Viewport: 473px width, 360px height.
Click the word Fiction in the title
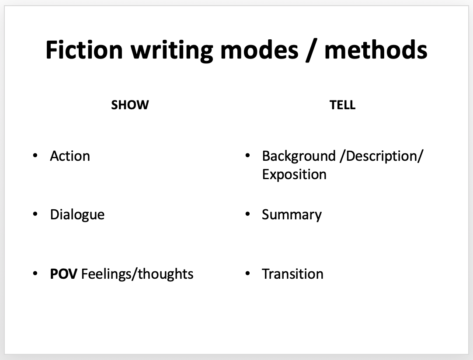tap(84, 50)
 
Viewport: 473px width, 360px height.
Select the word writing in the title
tap(172, 52)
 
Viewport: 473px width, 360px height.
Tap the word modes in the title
tap(259, 50)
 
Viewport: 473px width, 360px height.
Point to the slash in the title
tap(311, 51)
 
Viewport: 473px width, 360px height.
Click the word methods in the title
tap(376, 50)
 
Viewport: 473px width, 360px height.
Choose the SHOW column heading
tap(130, 105)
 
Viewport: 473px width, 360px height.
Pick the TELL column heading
tap(342, 105)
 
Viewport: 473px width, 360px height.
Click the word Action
tap(70, 156)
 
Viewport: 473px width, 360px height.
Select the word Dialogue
tap(77, 215)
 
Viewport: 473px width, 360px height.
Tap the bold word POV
tap(63, 274)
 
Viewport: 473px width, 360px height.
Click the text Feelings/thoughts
tap(137, 274)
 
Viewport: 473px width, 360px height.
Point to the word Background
tap(299, 156)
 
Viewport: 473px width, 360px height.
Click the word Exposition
tap(294, 175)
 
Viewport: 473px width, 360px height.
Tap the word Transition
tap(292, 274)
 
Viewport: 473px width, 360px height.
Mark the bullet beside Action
tap(35, 156)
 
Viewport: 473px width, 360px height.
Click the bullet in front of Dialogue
tap(35, 214)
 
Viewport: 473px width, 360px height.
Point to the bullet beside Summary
tap(248, 214)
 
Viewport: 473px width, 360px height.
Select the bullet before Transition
tap(248, 273)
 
